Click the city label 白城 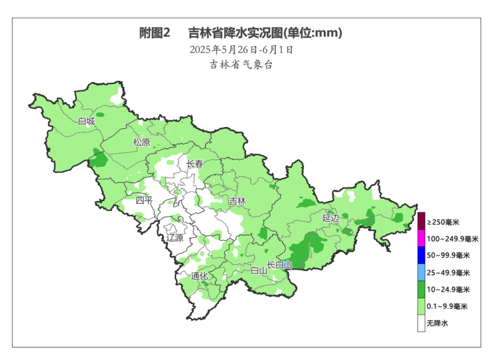point(86,121)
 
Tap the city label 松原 point(142,142)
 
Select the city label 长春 point(194,164)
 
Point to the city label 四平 point(144,201)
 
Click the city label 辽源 point(175,238)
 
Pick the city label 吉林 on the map point(237,201)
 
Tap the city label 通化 point(199,276)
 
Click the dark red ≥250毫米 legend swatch point(421,221)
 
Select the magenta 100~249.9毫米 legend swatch point(421,238)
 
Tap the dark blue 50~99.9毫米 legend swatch point(421,255)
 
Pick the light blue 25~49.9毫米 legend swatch point(421,272)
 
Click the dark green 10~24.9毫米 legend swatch point(421,289)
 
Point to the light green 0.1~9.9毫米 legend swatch point(421,306)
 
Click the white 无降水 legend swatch point(421,324)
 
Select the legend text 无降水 point(438,324)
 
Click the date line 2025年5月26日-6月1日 point(242,50)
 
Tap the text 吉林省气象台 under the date point(242,64)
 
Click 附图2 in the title point(155,33)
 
